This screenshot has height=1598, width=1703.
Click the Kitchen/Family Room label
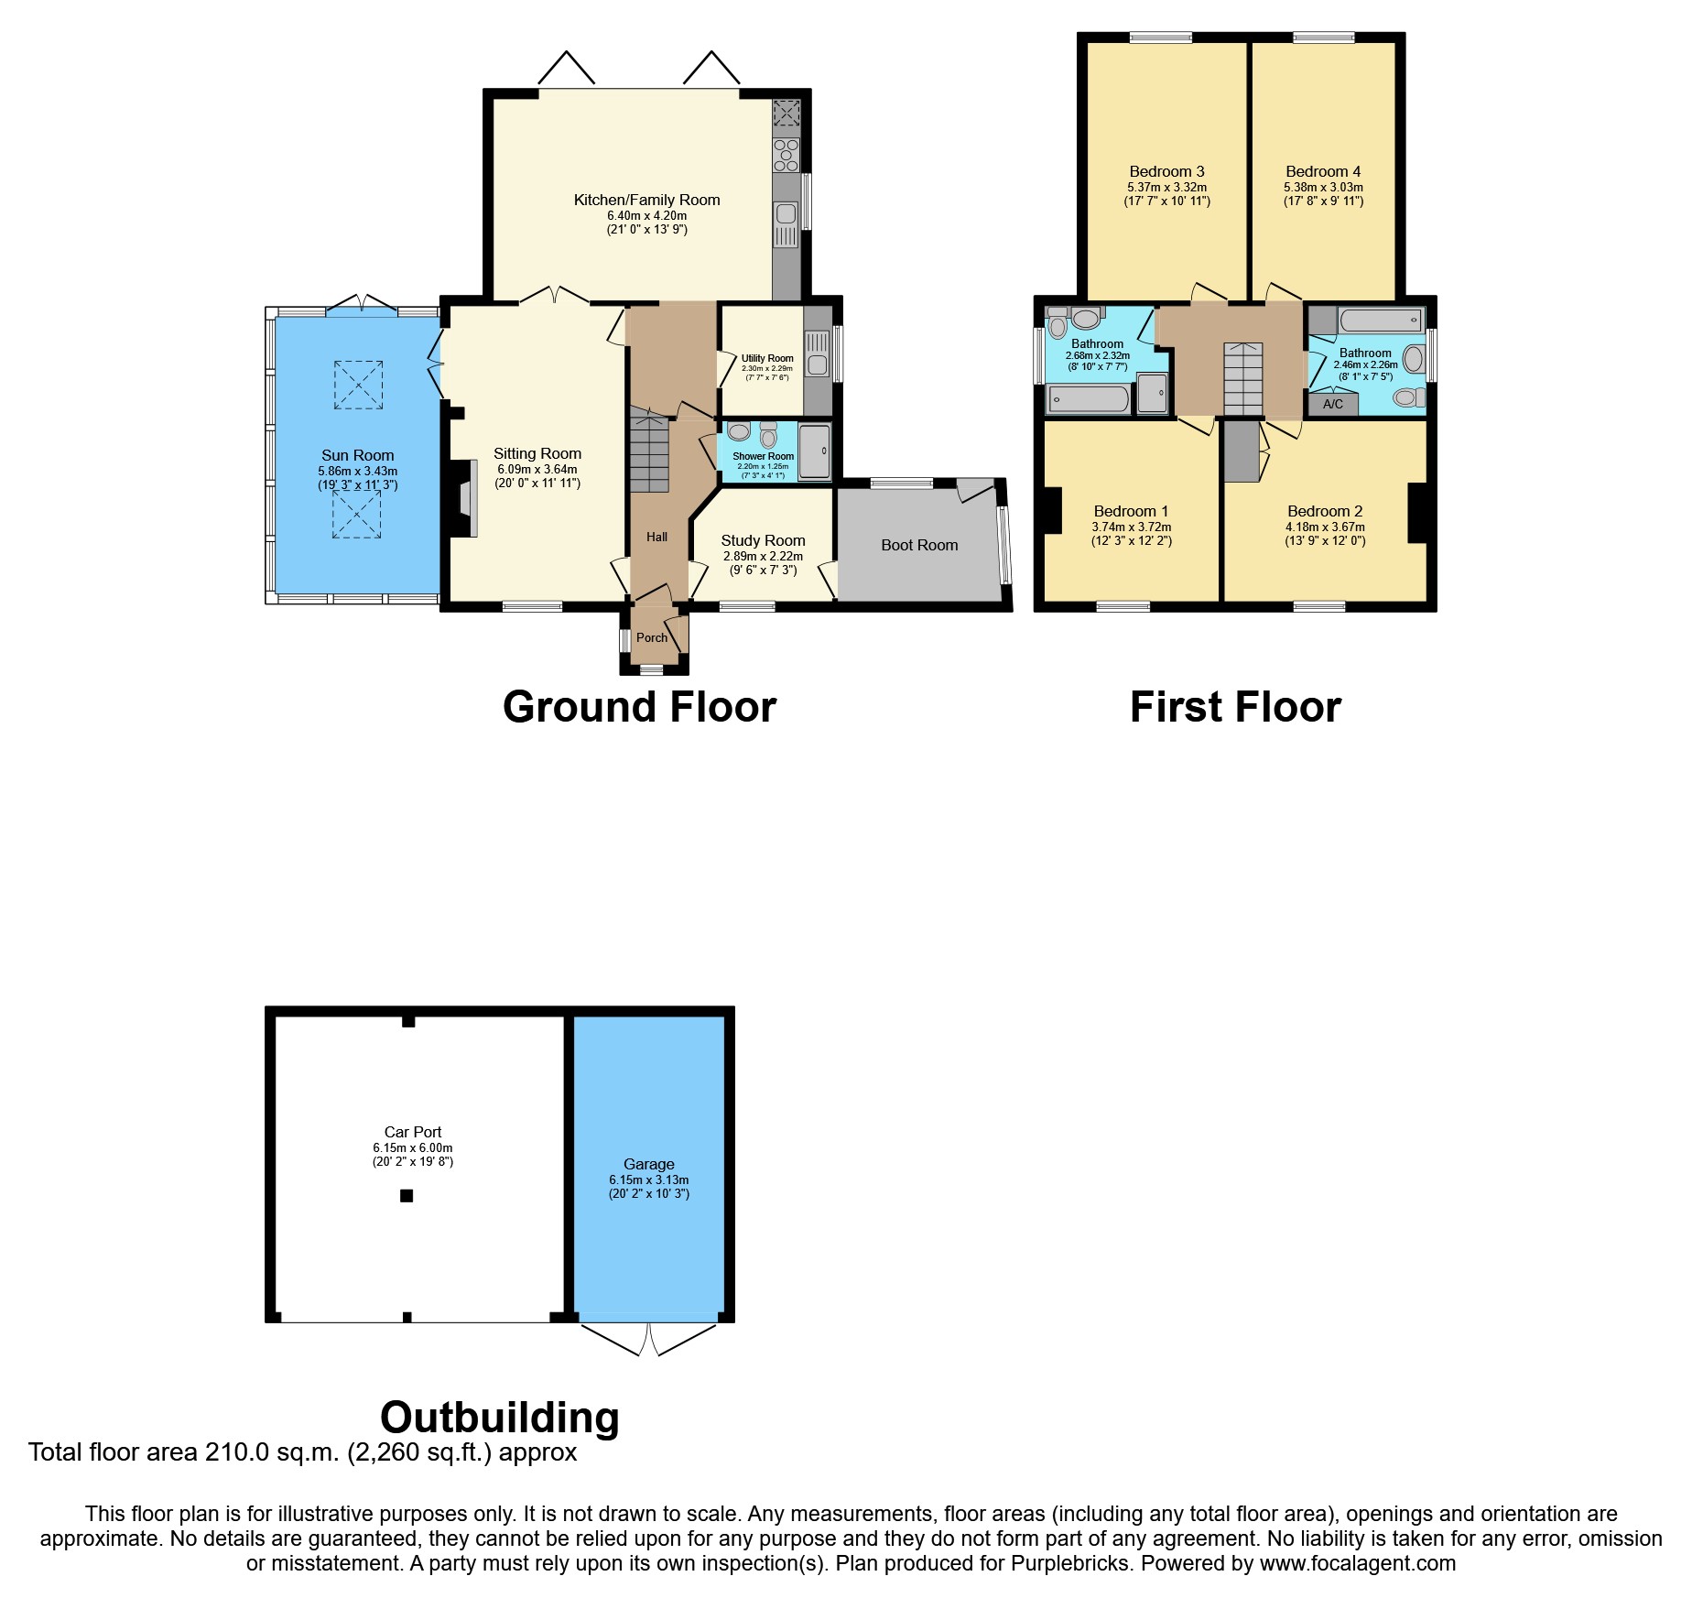pos(646,200)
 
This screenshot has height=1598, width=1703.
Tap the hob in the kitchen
pos(786,155)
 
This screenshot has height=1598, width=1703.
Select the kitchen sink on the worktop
pos(786,214)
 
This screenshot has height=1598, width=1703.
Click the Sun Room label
pos(357,455)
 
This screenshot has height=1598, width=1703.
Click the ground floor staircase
pos(649,454)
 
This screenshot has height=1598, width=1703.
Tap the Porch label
pos(652,637)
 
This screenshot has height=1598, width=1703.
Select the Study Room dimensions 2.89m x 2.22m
pos(763,556)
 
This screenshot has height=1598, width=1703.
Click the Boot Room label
pos(919,545)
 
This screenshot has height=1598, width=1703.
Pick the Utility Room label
pos(767,358)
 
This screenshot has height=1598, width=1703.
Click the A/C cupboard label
pos(1333,404)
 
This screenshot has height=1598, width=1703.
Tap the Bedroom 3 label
pos(1166,171)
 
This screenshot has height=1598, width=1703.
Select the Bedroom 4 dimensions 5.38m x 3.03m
pos(1323,187)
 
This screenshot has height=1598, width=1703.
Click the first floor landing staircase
pos(1243,379)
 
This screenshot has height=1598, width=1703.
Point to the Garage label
pos(648,1164)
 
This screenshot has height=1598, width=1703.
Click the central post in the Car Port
pos(407,1195)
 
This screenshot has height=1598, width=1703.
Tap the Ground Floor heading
pos(639,707)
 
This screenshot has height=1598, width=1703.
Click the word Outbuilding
pos(499,1417)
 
